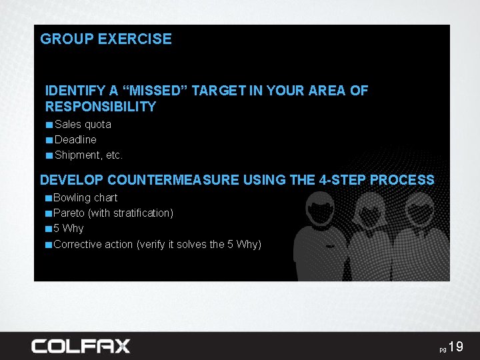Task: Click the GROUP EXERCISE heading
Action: pyautogui.click(x=106, y=39)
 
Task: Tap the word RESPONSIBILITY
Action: pyautogui.click(x=101, y=107)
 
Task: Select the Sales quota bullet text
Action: pyautogui.click(x=83, y=125)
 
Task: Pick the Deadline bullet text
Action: pyautogui.click(x=75, y=140)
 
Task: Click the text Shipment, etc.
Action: pyautogui.click(x=89, y=155)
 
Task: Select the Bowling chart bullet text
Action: pyautogui.click(x=85, y=198)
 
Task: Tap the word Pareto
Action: pyautogui.click(x=69, y=213)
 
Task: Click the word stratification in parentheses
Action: pyautogui.click(x=141, y=213)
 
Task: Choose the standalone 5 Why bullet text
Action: pyautogui.click(x=69, y=229)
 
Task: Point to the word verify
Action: pyautogui.click(x=153, y=245)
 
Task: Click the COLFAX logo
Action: pyautogui.click(x=81, y=346)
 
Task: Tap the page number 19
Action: pyautogui.click(x=455, y=347)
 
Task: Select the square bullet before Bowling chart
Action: pyautogui.click(x=49, y=198)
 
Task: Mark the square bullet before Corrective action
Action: pyautogui.click(x=49, y=245)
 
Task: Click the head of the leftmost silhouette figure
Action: pyautogui.click(x=320, y=210)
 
